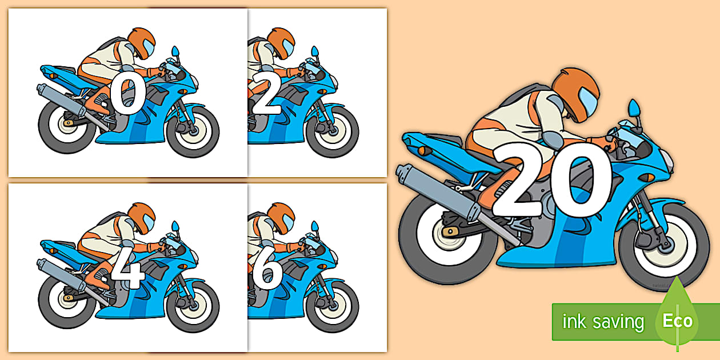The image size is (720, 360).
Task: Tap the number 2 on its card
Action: [x=267, y=95]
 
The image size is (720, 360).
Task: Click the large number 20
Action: [x=552, y=179]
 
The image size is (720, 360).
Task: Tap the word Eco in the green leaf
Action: [x=678, y=321]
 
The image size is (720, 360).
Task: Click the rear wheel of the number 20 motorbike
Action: [x=448, y=238]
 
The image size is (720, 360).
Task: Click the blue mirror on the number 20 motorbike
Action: [x=634, y=109]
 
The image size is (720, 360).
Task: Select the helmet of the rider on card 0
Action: [x=142, y=43]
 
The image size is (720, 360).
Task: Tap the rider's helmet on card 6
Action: [x=281, y=218]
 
